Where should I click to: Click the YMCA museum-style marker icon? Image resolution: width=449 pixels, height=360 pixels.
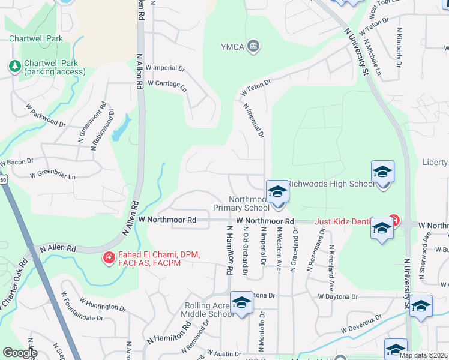(x=254, y=46)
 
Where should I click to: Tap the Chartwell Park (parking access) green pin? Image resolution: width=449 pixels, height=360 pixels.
(x=14, y=66)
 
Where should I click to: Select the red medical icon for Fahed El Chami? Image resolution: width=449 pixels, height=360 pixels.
(x=109, y=258)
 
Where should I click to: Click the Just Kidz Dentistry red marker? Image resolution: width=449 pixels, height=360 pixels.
(x=394, y=221)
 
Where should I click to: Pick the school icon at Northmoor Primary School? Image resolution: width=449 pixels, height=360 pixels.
(x=277, y=192)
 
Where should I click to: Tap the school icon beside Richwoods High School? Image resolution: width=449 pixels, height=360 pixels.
(x=382, y=173)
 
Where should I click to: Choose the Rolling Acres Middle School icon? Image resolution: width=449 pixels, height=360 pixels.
(x=241, y=303)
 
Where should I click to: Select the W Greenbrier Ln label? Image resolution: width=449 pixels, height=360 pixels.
(x=53, y=176)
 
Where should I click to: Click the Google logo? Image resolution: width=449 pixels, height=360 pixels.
(x=20, y=353)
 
